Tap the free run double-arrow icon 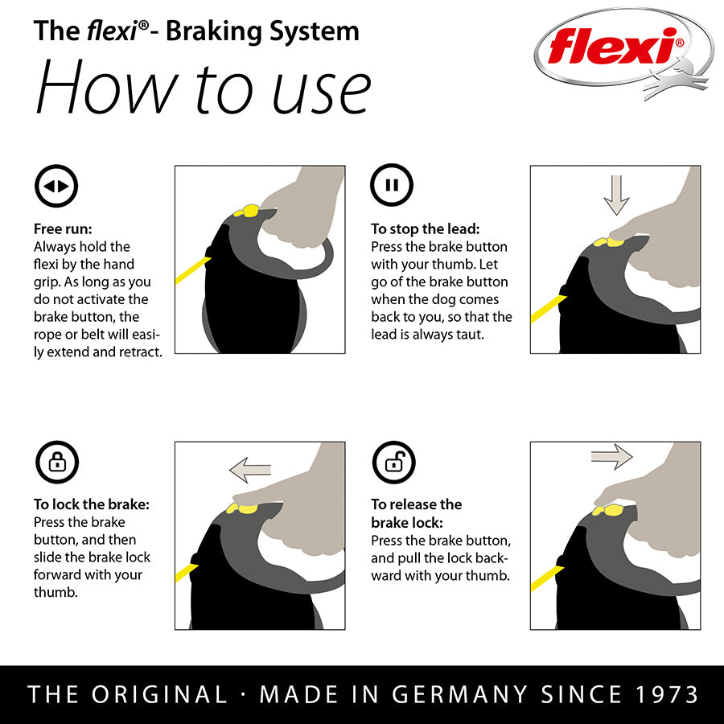[x=56, y=186]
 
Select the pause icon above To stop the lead [x=392, y=185]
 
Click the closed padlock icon [x=57, y=463]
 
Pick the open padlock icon [x=394, y=463]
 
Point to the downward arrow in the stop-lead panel [x=616, y=195]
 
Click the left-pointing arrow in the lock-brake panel [x=250, y=470]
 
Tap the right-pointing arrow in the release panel [x=612, y=457]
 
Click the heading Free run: [x=63, y=229]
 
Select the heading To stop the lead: [x=426, y=229]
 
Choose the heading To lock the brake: [x=92, y=504]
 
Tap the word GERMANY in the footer [x=459, y=694]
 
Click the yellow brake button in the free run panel [x=247, y=211]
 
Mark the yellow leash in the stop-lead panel [x=548, y=308]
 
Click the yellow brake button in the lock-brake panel [x=242, y=509]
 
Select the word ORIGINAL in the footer [x=159, y=694]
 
